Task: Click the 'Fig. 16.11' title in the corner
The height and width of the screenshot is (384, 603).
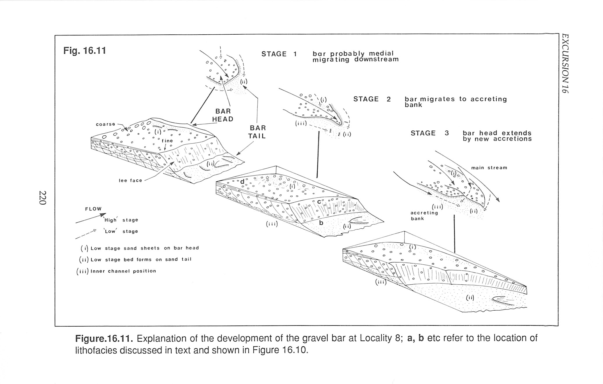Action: pyautogui.click(x=85, y=51)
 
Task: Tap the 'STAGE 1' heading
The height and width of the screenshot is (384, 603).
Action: pyautogui.click(x=279, y=54)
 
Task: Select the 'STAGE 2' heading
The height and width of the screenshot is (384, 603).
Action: pyautogui.click(x=372, y=99)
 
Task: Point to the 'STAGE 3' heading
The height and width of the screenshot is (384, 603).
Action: pyautogui.click(x=430, y=133)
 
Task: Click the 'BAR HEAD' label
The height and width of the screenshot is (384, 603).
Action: pyautogui.click(x=223, y=115)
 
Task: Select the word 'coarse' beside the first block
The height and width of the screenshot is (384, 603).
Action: pyautogui.click(x=106, y=124)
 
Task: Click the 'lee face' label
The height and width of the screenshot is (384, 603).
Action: pyautogui.click(x=130, y=181)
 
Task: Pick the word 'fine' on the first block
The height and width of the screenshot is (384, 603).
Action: pyautogui.click(x=167, y=141)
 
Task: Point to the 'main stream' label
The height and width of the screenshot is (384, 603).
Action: pyautogui.click(x=489, y=168)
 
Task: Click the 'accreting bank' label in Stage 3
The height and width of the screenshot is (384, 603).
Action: pyautogui.click(x=424, y=216)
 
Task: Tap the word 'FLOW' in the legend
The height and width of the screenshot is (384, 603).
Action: pyautogui.click(x=93, y=209)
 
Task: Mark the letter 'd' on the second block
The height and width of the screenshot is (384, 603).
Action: pyautogui.click(x=242, y=182)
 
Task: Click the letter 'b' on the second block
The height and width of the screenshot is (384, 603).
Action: pyautogui.click(x=321, y=223)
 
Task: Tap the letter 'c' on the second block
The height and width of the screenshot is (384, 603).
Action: pyautogui.click(x=319, y=201)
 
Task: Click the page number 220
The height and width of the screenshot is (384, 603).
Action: pyautogui.click(x=43, y=198)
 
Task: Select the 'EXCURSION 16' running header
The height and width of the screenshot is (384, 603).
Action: pyautogui.click(x=565, y=63)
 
